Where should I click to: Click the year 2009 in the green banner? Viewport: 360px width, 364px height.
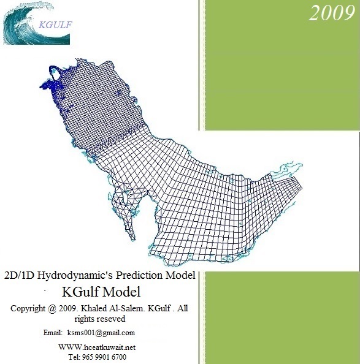click(331, 14)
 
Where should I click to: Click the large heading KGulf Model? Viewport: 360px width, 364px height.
click(102, 291)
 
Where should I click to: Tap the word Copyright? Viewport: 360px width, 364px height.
click(32, 308)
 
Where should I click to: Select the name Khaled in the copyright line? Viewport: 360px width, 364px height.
click(106, 308)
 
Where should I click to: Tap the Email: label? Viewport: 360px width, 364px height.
click(53, 333)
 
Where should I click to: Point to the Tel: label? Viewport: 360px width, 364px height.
click(74, 357)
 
